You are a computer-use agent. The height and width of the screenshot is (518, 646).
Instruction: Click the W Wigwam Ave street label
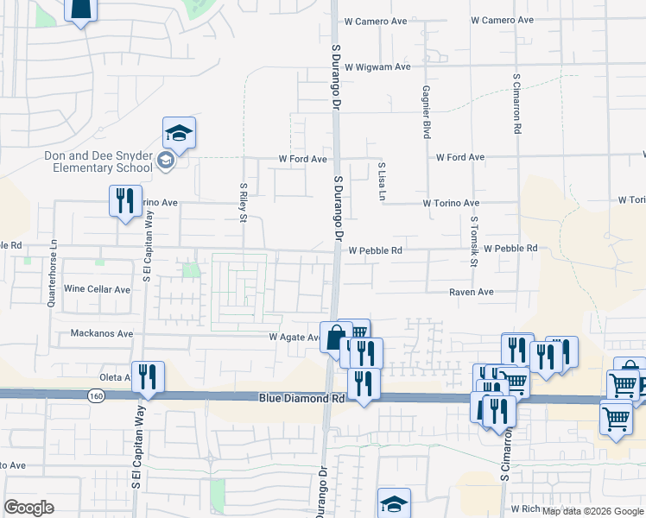click(377, 66)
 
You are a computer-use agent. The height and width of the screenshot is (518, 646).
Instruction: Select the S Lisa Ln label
click(381, 182)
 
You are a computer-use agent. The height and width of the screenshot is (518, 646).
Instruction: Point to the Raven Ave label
click(471, 293)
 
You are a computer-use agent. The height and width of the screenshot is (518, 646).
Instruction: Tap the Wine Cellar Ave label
click(97, 289)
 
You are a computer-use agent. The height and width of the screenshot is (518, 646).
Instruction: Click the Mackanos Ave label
click(102, 333)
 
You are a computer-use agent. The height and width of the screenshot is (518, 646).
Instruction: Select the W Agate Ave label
click(294, 338)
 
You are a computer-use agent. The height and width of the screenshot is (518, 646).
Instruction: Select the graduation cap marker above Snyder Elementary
click(179, 133)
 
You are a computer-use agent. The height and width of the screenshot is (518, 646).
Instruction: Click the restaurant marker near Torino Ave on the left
click(125, 201)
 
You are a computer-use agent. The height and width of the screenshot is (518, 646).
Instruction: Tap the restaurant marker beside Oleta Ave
click(148, 377)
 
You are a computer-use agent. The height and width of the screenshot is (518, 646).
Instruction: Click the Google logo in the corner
click(29, 508)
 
